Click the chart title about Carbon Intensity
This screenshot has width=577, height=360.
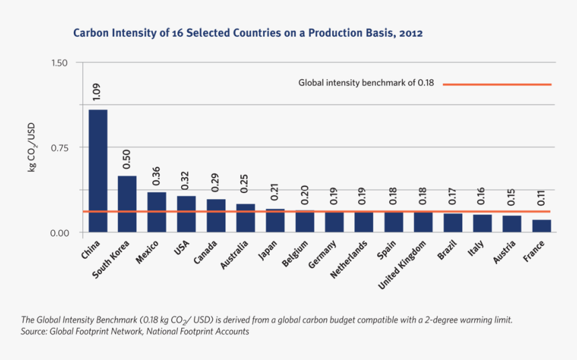point(248,33)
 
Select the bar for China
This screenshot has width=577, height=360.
point(98,171)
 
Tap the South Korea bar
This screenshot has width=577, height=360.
point(127,204)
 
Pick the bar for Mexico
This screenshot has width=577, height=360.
point(157,212)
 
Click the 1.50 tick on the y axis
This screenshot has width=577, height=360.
point(59,63)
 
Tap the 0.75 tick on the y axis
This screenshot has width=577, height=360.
point(59,147)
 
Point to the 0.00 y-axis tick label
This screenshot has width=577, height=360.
point(59,233)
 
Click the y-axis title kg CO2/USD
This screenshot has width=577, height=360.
point(32,147)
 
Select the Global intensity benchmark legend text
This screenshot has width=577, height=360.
point(366,84)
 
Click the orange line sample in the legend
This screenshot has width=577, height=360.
point(496,84)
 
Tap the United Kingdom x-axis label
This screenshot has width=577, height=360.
point(403,266)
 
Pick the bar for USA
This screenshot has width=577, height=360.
point(187,214)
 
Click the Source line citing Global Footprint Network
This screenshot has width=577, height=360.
point(134,332)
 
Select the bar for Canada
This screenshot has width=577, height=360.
point(216,215)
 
